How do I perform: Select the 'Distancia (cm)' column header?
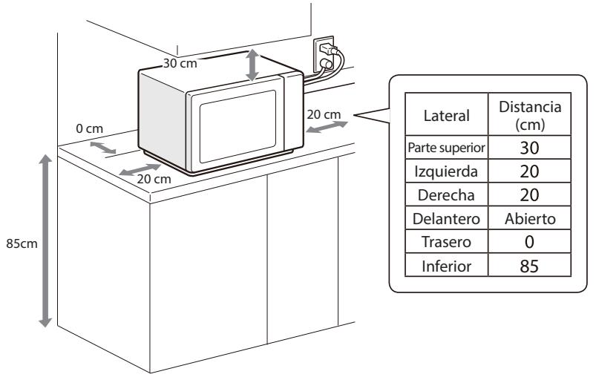click(x=529, y=115)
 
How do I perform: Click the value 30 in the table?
click(x=529, y=148)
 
